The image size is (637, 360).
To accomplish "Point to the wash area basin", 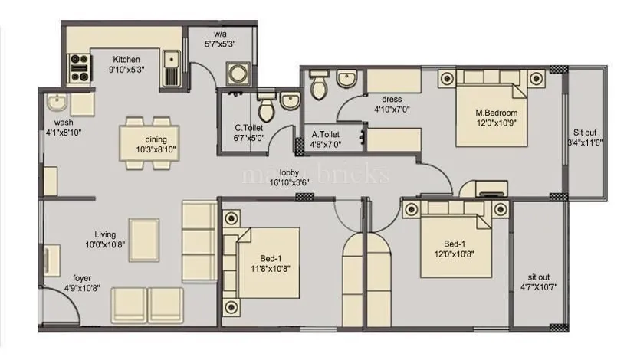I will point(55,103).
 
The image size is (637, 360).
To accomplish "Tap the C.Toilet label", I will point(250,128).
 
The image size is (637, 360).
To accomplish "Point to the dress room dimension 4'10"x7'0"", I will point(392,110).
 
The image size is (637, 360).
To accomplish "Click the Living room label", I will point(105,234).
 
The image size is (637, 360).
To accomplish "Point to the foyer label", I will point(84,277).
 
